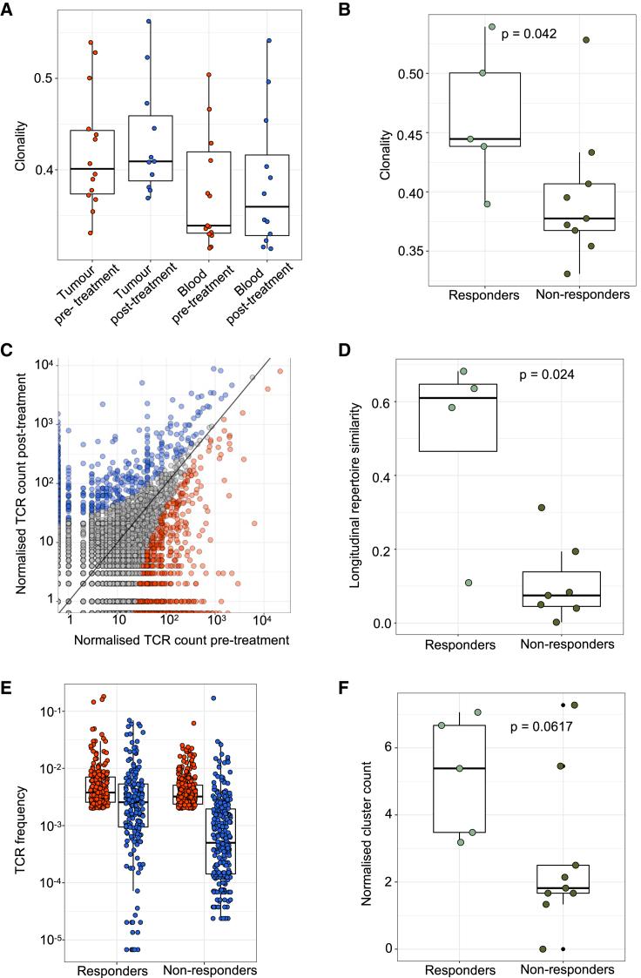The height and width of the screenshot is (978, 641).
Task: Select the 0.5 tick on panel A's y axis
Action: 37,78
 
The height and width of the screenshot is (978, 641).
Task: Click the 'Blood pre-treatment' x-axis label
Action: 209,296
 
